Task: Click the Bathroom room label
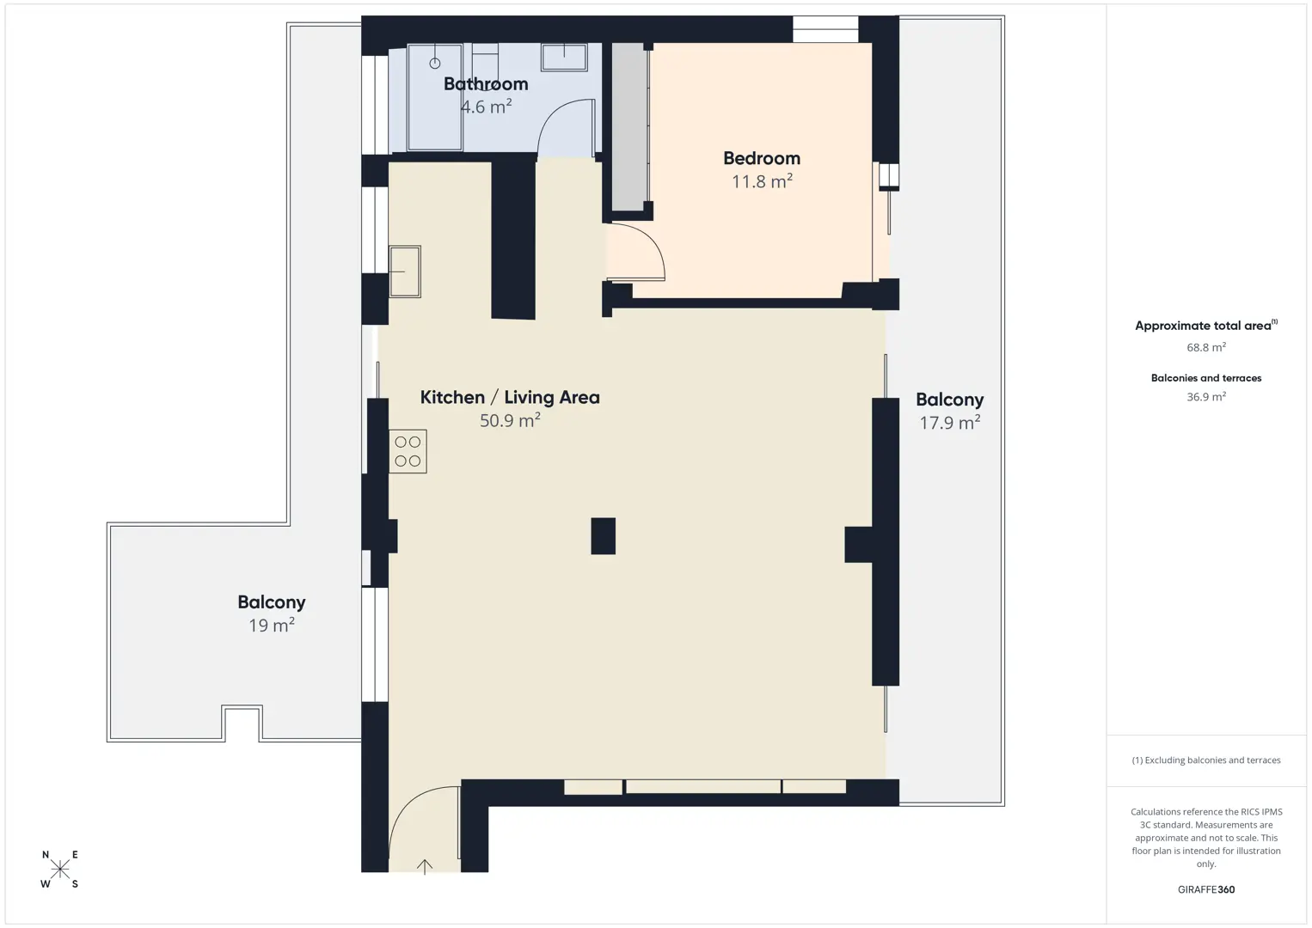point(486,84)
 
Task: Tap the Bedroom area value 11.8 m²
point(762,181)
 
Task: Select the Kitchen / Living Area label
point(510,398)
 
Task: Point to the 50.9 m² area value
point(510,420)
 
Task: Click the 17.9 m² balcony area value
point(949,422)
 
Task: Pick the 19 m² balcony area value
point(271,625)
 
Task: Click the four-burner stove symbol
point(408,451)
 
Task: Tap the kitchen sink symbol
point(405,272)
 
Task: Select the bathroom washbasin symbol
point(564,58)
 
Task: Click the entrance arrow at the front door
point(425,866)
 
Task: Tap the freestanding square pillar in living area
point(603,535)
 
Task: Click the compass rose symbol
point(59,869)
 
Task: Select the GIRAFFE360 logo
point(1206,889)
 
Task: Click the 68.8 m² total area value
point(1206,347)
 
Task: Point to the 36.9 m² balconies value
point(1206,396)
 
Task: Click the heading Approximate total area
point(1206,326)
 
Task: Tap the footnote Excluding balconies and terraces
point(1206,760)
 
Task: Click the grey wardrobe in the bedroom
point(628,126)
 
